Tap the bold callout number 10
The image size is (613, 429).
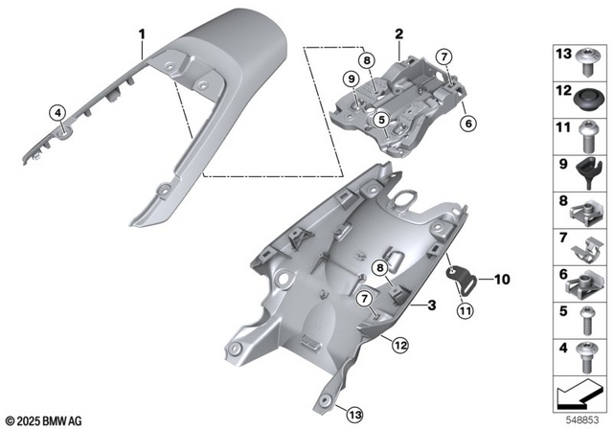[x=503, y=281]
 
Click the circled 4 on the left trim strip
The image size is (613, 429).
[x=57, y=113]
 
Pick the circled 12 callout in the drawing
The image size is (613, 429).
[x=399, y=345]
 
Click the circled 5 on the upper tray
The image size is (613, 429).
[x=381, y=120]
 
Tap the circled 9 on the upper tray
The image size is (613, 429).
[x=352, y=78]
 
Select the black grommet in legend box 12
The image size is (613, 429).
[x=586, y=96]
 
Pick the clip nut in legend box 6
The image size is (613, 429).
[x=586, y=279]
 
